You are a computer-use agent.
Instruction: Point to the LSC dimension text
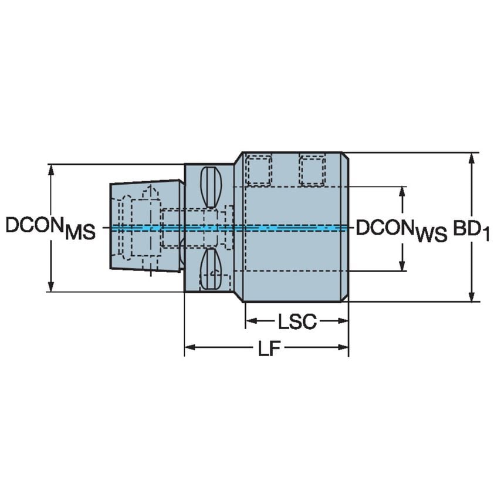coord(297,321)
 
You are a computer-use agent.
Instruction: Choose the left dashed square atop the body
coord(258,170)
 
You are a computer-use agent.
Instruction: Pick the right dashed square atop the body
coord(312,170)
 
